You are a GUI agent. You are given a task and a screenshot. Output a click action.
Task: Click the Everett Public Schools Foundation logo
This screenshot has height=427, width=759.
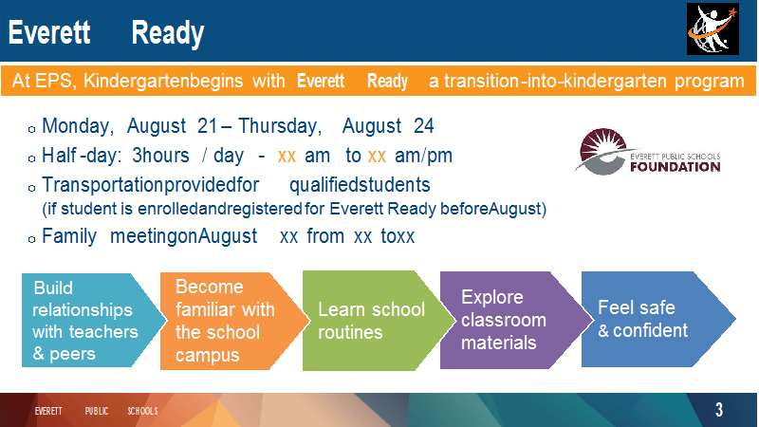[648, 152]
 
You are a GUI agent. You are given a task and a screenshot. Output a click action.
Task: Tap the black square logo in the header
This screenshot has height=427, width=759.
[713, 29]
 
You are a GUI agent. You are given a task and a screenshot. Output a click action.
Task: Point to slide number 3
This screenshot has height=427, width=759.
[719, 410]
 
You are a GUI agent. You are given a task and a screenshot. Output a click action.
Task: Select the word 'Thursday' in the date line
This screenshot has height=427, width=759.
[280, 126]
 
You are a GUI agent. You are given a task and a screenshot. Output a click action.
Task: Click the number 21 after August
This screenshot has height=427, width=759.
[207, 126]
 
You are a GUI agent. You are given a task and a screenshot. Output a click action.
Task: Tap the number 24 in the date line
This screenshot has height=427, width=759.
[423, 126]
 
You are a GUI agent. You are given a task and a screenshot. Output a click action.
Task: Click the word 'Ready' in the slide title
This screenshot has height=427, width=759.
[168, 33]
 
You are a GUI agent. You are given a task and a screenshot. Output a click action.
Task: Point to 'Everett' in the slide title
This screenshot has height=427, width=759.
[49, 32]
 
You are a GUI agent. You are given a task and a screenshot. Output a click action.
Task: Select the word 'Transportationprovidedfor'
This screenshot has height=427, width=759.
[151, 185]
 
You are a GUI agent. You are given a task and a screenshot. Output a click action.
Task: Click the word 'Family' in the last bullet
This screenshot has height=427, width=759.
[69, 236]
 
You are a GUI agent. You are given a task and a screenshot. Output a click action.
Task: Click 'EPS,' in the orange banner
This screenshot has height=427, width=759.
[56, 82]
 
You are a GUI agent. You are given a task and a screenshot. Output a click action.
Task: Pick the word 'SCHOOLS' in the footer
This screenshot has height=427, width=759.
[143, 411]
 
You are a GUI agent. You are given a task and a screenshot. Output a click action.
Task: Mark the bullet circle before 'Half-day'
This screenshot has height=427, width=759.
[31, 158]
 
